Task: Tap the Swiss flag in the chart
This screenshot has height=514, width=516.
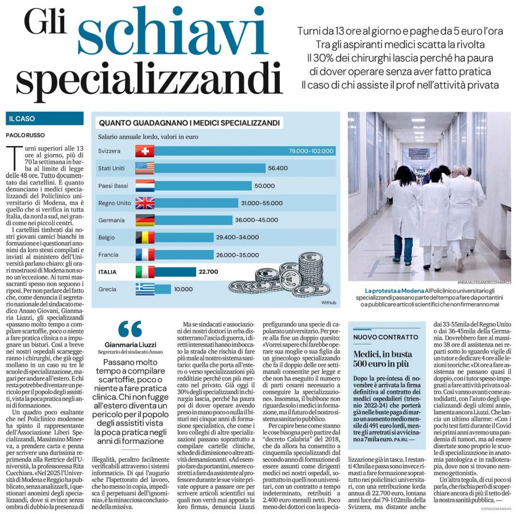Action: [144, 151]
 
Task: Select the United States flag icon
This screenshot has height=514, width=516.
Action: [144, 168]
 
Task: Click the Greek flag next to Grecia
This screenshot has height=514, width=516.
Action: [144, 289]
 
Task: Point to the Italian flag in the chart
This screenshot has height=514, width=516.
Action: [144, 272]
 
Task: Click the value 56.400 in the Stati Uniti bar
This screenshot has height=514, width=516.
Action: [277, 168]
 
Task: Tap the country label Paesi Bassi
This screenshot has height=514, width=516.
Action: [113, 186]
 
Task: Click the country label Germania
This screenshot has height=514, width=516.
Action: [111, 220]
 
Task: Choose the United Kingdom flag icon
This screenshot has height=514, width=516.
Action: [144, 203]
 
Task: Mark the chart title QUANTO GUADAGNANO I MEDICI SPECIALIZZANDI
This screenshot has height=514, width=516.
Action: [189, 123]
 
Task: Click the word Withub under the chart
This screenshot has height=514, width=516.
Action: [329, 301]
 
